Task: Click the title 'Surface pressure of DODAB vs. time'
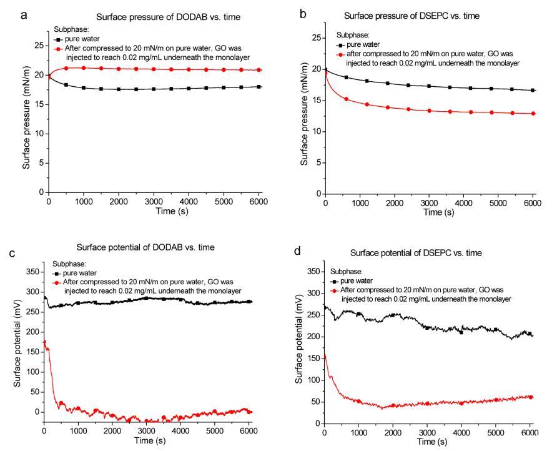[x=156, y=18]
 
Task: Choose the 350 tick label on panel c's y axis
[x=32, y=272]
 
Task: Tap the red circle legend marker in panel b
[x=341, y=54]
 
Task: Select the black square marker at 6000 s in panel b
[x=532, y=90]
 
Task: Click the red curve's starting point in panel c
[x=44, y=342]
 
